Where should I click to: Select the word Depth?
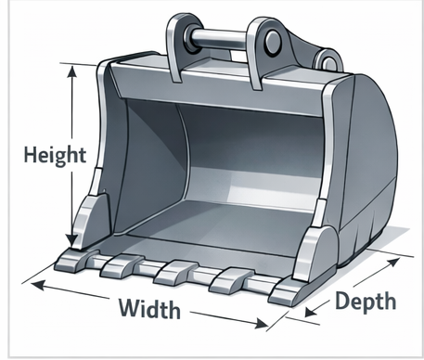366,301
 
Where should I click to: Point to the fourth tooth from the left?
226,279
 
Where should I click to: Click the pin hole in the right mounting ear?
271,39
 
